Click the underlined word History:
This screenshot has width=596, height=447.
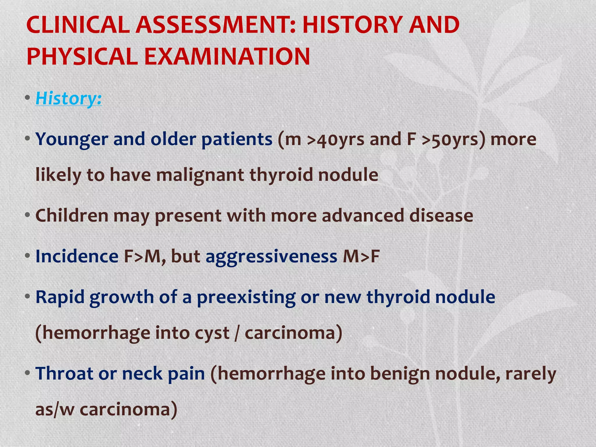69,99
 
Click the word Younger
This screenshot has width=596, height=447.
72,140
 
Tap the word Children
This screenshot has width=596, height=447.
72,216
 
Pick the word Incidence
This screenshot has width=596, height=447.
77,257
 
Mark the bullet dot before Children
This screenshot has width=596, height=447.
28,216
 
